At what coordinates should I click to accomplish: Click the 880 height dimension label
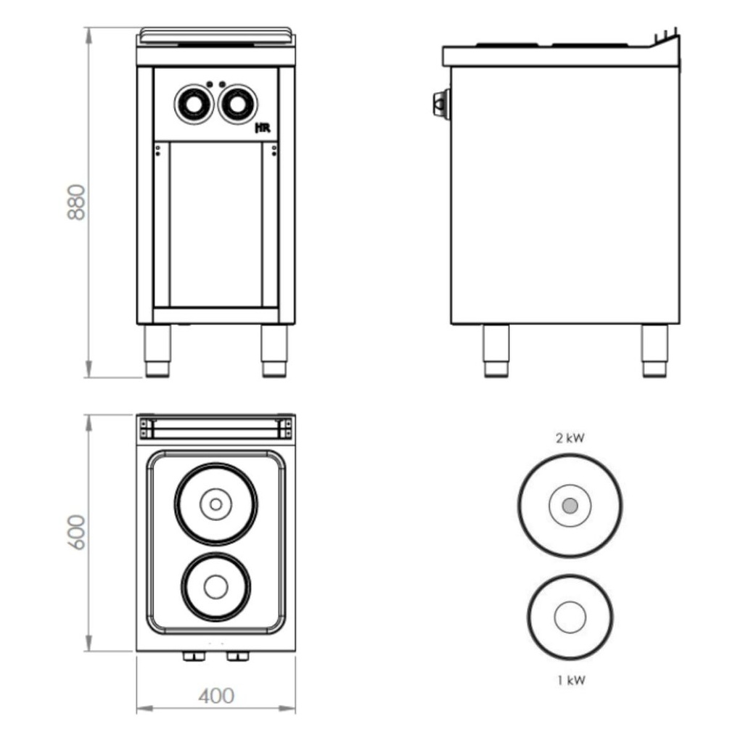(x=75, y=202)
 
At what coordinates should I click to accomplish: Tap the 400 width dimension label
(x=216, y=696)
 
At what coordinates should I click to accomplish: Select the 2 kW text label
(x=570, y=438)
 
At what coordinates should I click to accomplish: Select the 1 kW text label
(x=571, y=681)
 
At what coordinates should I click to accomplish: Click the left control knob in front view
(x=194, y=104)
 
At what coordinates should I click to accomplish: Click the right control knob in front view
(x=237, y=104)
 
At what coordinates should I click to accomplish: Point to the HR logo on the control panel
(x=263, y=128)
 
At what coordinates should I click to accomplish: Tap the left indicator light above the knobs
(x=210, y=84)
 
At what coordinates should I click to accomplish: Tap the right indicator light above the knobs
(x=222, y=84)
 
